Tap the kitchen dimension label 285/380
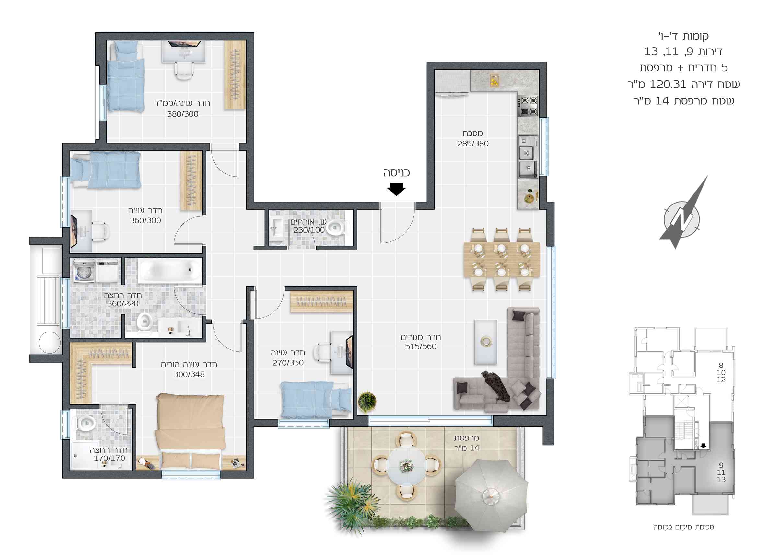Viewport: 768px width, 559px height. [473, 144]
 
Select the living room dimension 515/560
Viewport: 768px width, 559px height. [421, 346]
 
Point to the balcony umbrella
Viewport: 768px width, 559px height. [491, 496]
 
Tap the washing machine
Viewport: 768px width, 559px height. [84, 271]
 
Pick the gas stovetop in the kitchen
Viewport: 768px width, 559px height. [527, 106]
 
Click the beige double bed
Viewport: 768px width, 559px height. [190, 431]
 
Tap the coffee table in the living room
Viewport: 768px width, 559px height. [485, 342]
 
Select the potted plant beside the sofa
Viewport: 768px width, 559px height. [367, 401]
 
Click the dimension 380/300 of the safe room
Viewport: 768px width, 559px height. [182, 114]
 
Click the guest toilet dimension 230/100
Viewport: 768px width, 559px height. [309, 230]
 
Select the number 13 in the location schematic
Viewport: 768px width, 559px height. [721, 479]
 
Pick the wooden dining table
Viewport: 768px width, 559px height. [502, 260]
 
